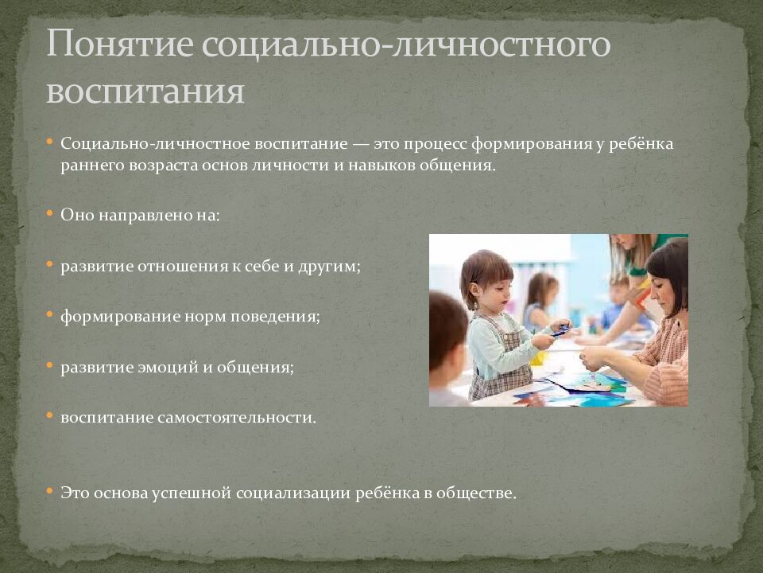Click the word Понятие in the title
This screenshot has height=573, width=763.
118,46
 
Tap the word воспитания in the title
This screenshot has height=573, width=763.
145,91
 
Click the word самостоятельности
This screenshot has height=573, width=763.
238,417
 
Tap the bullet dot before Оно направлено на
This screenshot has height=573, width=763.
50,214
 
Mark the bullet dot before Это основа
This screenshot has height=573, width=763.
50,491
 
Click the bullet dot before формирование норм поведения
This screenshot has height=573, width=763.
50,314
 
